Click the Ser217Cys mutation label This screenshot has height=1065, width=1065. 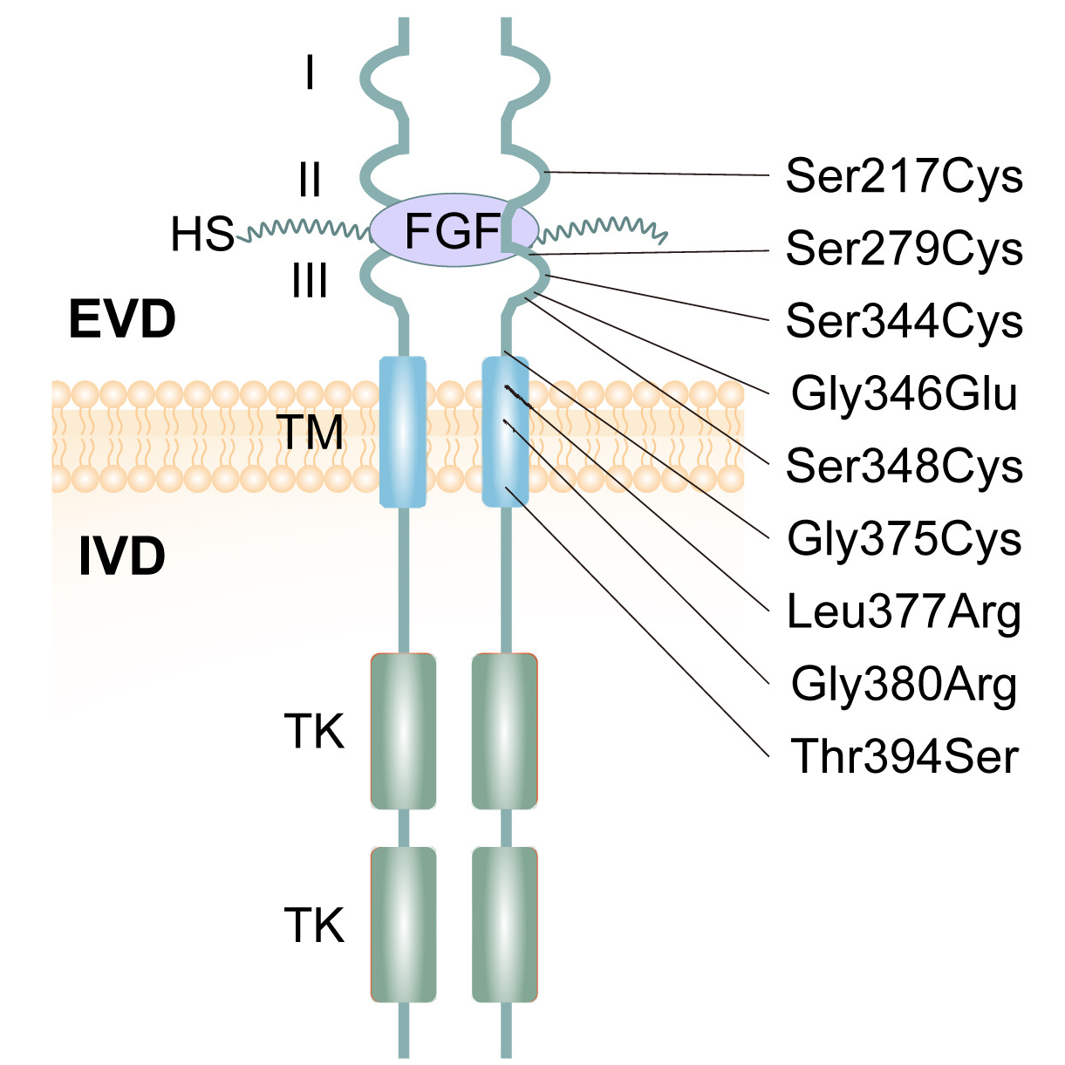click(x=904, y=176)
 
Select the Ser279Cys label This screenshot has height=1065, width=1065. click(x=904, y=249)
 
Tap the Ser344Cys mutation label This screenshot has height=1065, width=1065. click(x=904, y=321)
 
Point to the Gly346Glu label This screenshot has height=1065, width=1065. click(x=904, y=393)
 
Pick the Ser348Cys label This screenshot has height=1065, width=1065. click(x=904, y=466)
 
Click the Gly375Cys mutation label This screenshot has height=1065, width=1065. click(x=904, y=538)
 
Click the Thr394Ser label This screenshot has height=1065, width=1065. click(x=904, y=756)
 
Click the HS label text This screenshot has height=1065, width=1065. click(x=202, y=235)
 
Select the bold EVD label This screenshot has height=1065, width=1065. click(x=122, y=320)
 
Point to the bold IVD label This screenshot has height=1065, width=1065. click(x=122, y=557)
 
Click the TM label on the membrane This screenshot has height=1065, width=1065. click(x=310, y=432)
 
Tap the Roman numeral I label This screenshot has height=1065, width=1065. click(x=310, y=73)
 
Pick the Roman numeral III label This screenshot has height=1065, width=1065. click(x=310, y=282)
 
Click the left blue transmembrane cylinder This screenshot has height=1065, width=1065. click(x=403, y=432)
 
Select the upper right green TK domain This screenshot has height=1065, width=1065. click(x=504, y=731)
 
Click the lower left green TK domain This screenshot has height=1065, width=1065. click(x=403, y=925)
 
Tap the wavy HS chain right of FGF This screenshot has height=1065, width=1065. click(x=602, y=229)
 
